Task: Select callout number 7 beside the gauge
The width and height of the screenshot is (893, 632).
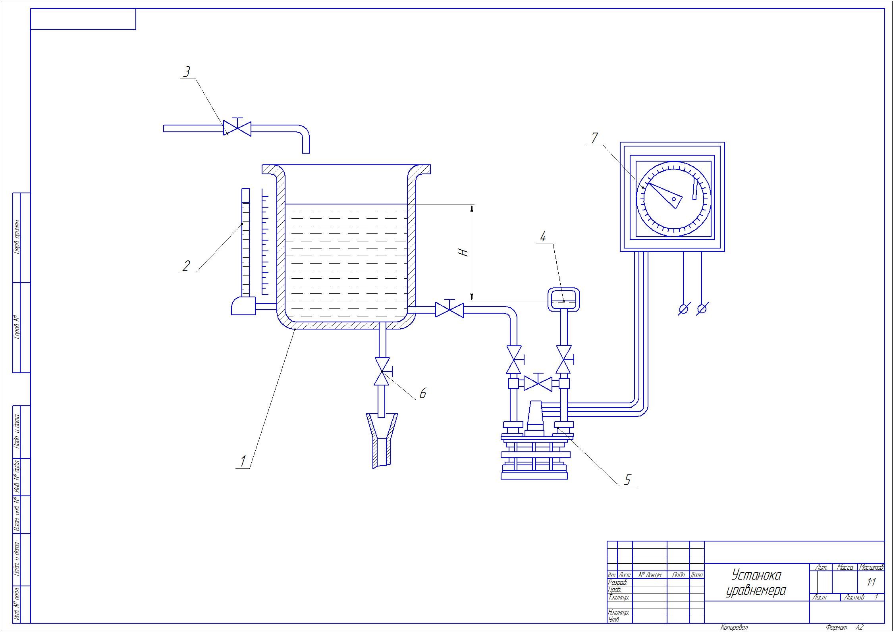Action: [594, 139]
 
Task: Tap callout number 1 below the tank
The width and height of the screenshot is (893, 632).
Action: [243, 461]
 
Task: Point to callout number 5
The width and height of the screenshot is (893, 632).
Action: [627, 480]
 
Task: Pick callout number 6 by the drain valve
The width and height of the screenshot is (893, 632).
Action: [422, 393]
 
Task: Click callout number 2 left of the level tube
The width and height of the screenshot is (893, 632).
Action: [186, 266]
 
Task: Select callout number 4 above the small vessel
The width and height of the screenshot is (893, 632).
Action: [543, 237]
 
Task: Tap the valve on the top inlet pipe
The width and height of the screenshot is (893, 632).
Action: [237, 128]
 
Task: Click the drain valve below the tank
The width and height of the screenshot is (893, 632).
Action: [382, 372]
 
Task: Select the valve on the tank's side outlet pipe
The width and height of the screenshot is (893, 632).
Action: [449, 310]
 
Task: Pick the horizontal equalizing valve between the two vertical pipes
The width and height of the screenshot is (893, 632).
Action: [538, 384]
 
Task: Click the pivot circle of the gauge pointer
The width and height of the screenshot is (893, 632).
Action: [674, 199]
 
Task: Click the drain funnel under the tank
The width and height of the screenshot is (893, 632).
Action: [382, 439]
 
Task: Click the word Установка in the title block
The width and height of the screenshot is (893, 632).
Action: [756, 575]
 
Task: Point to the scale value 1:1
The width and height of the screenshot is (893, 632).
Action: [871, 583]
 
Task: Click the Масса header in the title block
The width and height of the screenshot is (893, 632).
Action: [845, 568]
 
